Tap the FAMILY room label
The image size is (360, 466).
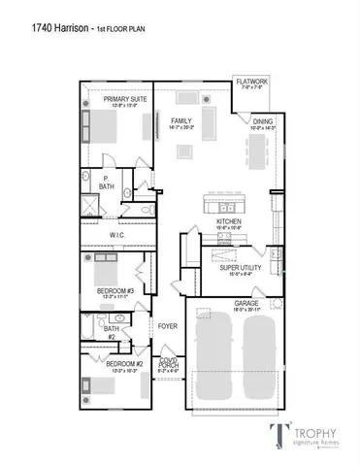[x=180, y=121]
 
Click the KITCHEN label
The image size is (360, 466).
[x=229, y=222]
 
